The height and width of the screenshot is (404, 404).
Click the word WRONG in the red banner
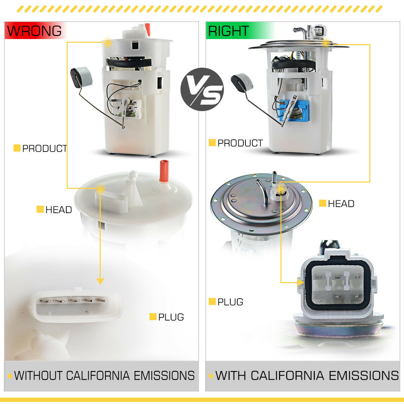tap(34, 31)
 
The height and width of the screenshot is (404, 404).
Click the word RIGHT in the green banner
tap(228, 31)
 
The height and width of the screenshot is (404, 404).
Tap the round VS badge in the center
tap(202, 90)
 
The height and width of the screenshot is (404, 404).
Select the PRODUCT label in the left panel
tap(44, 148)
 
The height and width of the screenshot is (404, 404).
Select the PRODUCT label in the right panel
tap(240, 143)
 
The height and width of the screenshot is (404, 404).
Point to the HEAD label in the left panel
tap(58, 210)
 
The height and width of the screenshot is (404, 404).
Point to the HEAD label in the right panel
tap(341, 204)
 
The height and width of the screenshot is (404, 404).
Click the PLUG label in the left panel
tap(171, 317)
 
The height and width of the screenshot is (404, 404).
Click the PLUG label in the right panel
tap(230, 302)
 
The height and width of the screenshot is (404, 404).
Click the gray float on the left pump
tap(81, 76)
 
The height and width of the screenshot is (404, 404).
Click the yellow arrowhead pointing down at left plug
tap(100, 281)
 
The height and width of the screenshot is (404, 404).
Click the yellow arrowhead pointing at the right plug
tap(300, 282)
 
